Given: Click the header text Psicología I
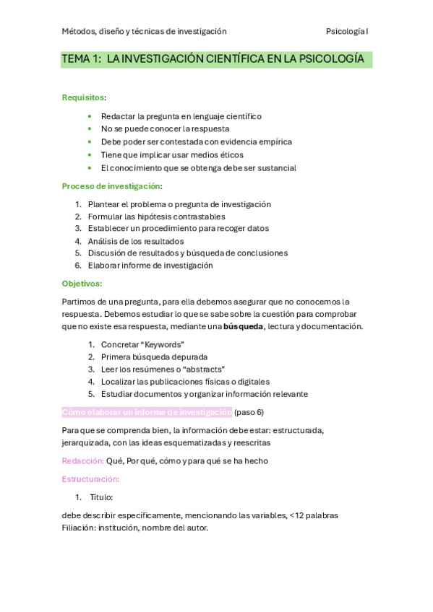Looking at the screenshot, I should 347,31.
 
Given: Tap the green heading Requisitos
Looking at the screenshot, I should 82,97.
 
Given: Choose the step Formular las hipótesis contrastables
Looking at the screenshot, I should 156,216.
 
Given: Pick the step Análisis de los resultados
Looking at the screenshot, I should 135,241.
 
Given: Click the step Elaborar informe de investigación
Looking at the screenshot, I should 150,265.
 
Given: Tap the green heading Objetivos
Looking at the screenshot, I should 82,284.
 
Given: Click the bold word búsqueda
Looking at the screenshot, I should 244,326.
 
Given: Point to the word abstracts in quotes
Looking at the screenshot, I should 200,369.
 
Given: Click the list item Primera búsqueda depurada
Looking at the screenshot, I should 154,357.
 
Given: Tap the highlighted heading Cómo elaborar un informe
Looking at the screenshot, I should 147,412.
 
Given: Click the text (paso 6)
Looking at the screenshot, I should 249,412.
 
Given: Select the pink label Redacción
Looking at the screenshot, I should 82,460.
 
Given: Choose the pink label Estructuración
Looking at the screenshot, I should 90,479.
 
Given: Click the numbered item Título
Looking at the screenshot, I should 101,497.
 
